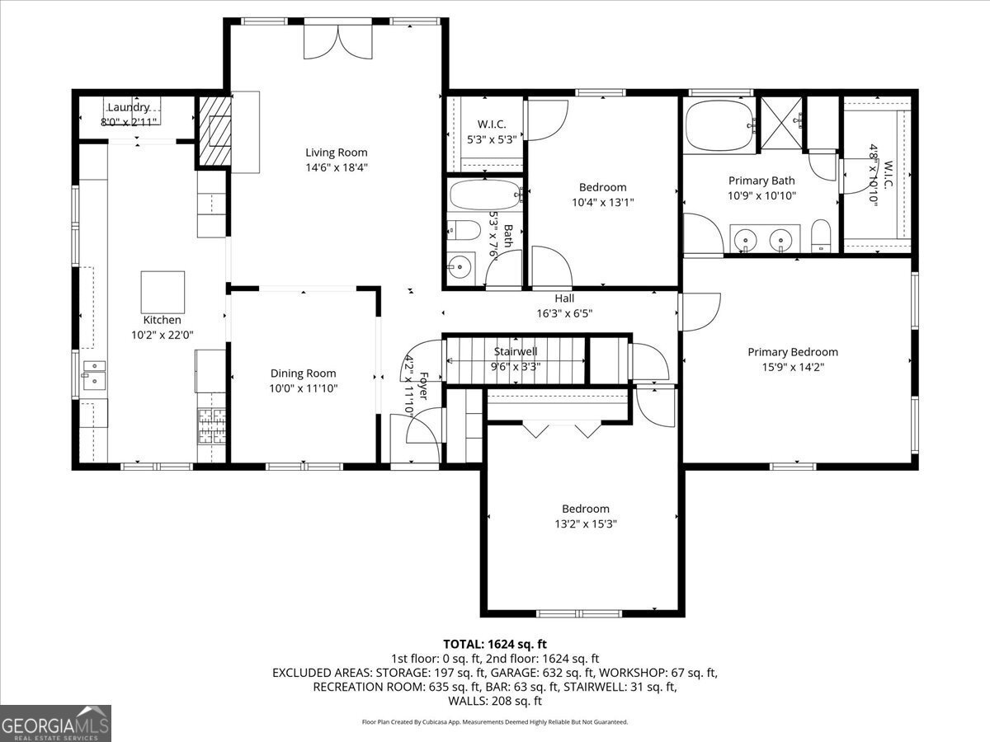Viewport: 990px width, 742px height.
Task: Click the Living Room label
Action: click(337, 153)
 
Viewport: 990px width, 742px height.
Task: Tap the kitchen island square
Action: click(163, 292)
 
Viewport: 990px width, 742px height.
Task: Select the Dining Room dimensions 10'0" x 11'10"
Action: click(304, 388)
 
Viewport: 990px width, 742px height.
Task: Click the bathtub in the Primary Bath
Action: click(719, 125)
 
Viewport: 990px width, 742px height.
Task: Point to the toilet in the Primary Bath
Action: click(820, 236)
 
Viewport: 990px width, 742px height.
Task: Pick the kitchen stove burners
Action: click(212, 426)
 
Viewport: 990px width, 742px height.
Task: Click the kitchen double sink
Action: click(94, 375)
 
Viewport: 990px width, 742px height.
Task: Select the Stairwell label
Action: click(516, 351)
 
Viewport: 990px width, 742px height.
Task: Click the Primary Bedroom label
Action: click(793, 352)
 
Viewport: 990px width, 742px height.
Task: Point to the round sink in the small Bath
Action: click(460, 267)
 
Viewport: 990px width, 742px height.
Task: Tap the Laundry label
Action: click(129, 107)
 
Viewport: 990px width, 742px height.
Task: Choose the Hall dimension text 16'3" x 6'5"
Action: click(564, 313)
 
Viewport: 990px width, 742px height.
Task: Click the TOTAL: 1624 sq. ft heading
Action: click(495, 644)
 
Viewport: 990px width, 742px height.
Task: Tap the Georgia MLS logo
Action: click(55, 723)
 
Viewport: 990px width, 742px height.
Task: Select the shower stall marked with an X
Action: click(781, 123)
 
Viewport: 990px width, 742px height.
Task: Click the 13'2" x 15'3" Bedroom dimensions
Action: click(586, 524)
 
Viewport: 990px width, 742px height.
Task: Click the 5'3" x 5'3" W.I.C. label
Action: click(492, 139)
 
